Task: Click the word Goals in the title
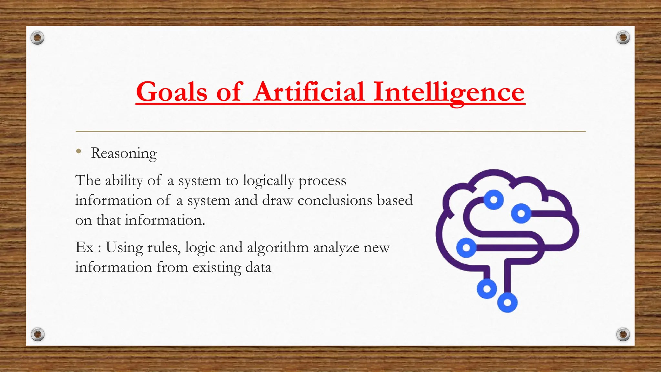point(171,92)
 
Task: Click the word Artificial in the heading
point(309,92)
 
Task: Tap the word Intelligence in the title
point(449,92)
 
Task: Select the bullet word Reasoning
point(124,153)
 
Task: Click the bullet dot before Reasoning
point(78,151)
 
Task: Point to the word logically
point(268,181)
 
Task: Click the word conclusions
point(335,201)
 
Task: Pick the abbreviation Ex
point(84,248)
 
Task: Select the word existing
point(217,268)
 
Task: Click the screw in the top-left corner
point(37,38)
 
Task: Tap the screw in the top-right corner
point(623,38)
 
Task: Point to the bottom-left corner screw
point(37,334)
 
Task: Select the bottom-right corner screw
point(623,334)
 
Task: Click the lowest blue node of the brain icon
point(507,303)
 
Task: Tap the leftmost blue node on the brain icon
point(466,248)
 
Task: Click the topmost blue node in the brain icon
point(493,200)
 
